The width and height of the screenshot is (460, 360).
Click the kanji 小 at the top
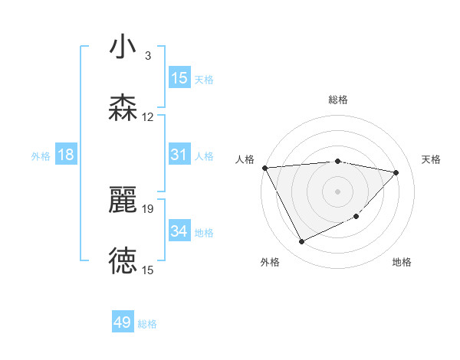[x=123, y=47]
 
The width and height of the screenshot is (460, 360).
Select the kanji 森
[x=123, y=109]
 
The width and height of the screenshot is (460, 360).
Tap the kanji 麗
[x=123, y=201]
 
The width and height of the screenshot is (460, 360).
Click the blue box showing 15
[x=179, y=78]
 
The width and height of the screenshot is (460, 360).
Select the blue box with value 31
[x=179, y=155]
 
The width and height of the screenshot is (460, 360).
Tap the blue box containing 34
[x=179, y=231]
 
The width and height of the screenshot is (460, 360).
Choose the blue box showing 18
[x=66, y=155]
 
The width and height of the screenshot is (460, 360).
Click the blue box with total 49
[x=123, y=323]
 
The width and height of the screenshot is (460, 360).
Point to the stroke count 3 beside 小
[x=148, y=56]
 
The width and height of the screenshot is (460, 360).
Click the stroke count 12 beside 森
[x=148, y=117]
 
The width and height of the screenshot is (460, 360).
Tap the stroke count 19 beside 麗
[x=148, y=208]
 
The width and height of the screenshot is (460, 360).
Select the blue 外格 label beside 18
[x=41, y=155]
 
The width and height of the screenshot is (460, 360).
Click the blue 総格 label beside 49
[x=147, y=324]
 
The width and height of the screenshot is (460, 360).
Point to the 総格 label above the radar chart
[x=338, y=100]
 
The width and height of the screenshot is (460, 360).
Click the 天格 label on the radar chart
[x=432, y=159]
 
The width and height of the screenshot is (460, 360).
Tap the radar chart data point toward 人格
[x=264, y=168]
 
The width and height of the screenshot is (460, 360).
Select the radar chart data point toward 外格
[x=301, y=242]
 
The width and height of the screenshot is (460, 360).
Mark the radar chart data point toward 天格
[x=396, y=172]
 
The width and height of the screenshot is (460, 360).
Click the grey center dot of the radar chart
[x=338, y=191]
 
